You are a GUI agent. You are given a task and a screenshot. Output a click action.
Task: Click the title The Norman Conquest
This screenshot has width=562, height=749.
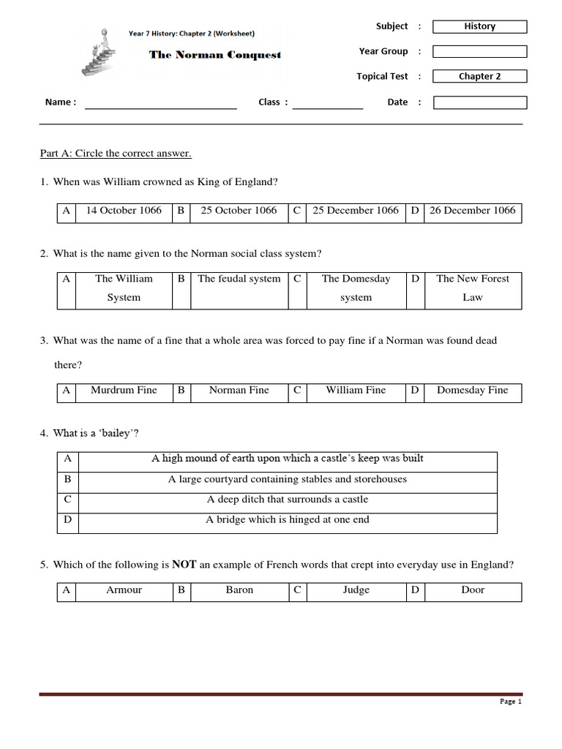pos(215,55)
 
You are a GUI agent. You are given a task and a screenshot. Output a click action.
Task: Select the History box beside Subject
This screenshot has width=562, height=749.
pos(479,26)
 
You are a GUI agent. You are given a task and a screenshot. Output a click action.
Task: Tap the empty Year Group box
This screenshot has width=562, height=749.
pos(479,51)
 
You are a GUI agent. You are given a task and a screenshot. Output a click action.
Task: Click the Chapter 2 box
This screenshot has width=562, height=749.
pos(479,76)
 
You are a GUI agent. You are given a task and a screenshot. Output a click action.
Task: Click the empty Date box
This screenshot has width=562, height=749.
pos(479,102)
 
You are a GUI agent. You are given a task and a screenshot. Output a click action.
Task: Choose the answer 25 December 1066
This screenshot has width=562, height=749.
pos(356,211)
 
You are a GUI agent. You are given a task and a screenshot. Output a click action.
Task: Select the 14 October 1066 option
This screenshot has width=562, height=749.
pos(124,211)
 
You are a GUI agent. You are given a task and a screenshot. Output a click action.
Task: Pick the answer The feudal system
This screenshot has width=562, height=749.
pos(239,279)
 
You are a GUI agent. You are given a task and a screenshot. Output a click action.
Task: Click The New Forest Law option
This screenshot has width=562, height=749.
pos(473,287)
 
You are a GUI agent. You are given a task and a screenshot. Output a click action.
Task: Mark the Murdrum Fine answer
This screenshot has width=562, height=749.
pos(124,391)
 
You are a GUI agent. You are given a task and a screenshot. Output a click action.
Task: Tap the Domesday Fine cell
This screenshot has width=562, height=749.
pos(472,391)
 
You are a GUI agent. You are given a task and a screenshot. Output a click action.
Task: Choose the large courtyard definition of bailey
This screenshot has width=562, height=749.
pos(287,480)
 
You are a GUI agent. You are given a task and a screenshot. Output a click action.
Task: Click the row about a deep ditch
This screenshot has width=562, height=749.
pos(287,500)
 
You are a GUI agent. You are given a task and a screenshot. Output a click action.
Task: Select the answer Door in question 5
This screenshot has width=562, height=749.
pos(473,590)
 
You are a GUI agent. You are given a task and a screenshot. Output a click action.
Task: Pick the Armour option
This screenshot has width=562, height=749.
pos(124,590)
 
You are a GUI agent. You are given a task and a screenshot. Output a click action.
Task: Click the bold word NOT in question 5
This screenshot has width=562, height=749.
pos(183,565)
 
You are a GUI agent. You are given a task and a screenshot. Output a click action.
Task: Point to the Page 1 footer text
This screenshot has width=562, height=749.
pos(510,701)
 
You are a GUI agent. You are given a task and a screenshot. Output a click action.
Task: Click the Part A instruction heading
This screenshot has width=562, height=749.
pos(116,154)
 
